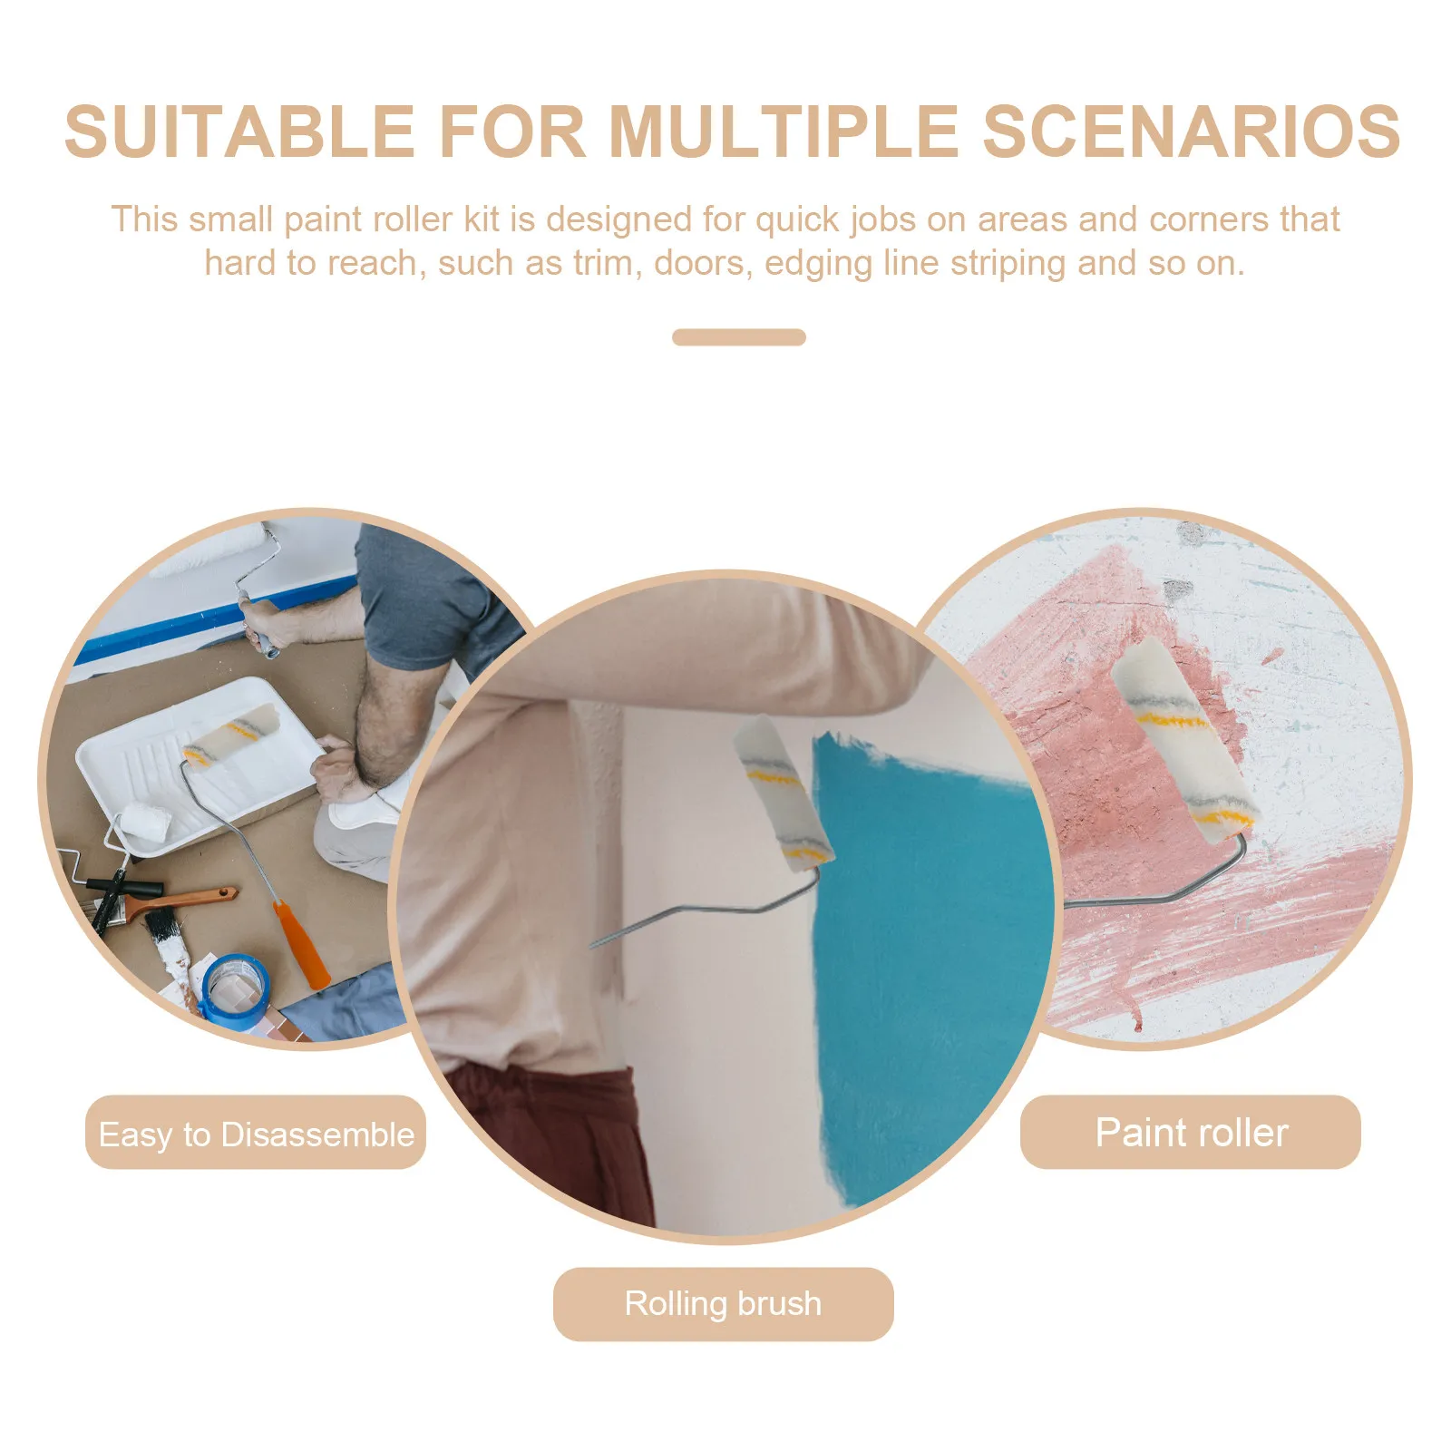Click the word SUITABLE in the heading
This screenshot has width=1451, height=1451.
point(239,132)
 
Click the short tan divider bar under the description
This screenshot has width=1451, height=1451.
point(739,337)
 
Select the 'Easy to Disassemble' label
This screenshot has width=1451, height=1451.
point(256,1133)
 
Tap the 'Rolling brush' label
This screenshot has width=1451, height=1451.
point(724,1304)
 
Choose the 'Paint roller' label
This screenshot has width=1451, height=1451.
point(1191,1132)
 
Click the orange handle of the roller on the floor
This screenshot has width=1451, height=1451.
point(302,945)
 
